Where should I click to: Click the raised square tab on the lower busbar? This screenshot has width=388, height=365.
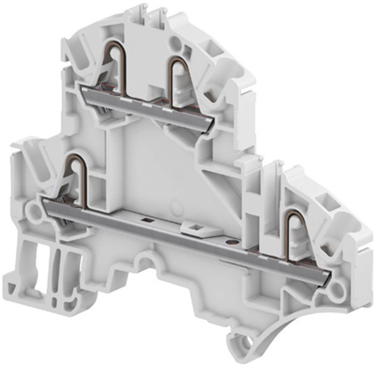[x=194, y=227]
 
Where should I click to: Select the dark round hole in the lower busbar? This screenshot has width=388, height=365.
[x=231, y=242]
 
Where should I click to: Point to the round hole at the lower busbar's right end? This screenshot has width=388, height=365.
[x=338, y=287]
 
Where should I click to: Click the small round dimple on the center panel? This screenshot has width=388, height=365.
[x=176, y=205]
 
